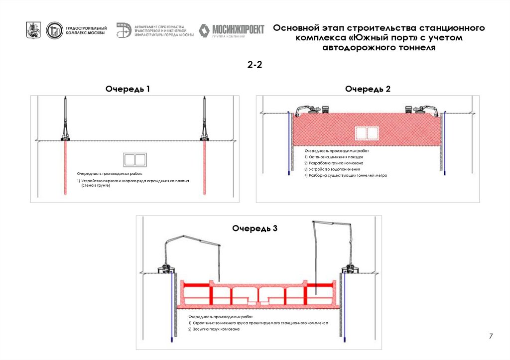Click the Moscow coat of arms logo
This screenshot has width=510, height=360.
pyautogui.click(x=33, y=30)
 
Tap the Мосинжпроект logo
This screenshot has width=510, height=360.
pyautogui.click(x=232, y=30)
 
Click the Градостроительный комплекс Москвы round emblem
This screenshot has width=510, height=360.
pyautogui.click(x=54, y=31)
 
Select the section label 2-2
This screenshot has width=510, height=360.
pyautogui.click(x=255, y=65)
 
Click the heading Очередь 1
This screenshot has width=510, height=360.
pyautogui.click(x=127, y=89)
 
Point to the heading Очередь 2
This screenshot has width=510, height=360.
pyautogui.click(x=368, y=89)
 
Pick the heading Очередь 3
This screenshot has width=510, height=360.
pyautogui.click(x=255, y=229)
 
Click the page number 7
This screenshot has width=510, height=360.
pyautogui.click(x=491, y=337)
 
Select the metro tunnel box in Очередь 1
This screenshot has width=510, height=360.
pyautogui.click(x=134, y=159)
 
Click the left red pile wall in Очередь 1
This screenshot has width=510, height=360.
pyautogui.click(x=65, y=167)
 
